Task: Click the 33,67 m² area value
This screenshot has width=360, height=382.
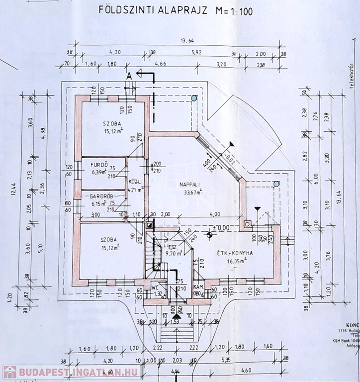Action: click(190, 192)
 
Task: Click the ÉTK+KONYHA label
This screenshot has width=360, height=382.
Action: click(235, 253)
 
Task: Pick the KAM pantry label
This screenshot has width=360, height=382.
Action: click(198, 287)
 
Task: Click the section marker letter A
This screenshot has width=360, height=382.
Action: click(129, 76)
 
